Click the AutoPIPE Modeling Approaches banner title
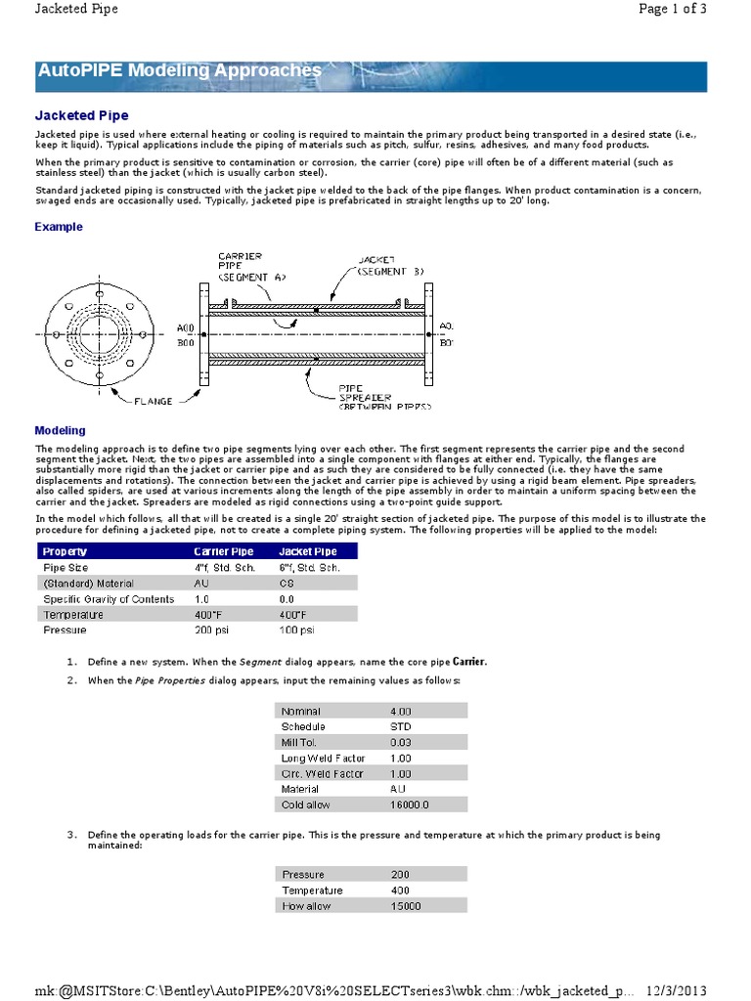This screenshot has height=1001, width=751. [179, 70]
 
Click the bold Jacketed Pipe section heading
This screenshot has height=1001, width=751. [81, 115]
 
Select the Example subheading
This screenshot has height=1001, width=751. [59, 227]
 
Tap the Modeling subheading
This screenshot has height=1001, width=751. [60, 430]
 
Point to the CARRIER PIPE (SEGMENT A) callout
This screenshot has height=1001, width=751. [245, 266]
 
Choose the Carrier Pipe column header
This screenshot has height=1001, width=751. [223, 551]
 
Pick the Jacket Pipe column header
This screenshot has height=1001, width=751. [309, 551]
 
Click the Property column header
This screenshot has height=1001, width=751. [65, 551]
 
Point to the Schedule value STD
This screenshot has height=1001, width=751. [401, 726]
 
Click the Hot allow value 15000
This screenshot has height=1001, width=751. [406, 906]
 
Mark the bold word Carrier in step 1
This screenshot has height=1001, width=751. [468, 662]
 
